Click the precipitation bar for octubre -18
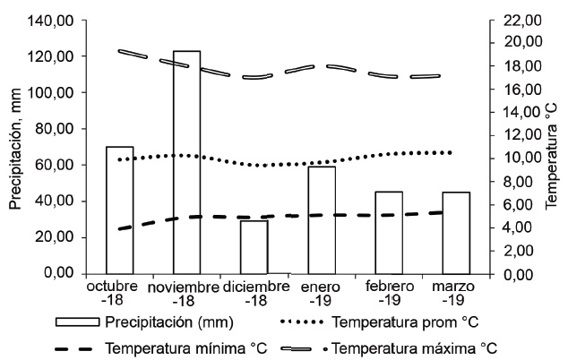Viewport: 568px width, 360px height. [119, 210]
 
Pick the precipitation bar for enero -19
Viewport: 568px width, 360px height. [321, 219]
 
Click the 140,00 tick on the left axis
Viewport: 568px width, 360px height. [55, 20]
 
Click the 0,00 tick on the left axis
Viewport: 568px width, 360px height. [62, 273]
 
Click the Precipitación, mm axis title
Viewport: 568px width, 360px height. [15, 146]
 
